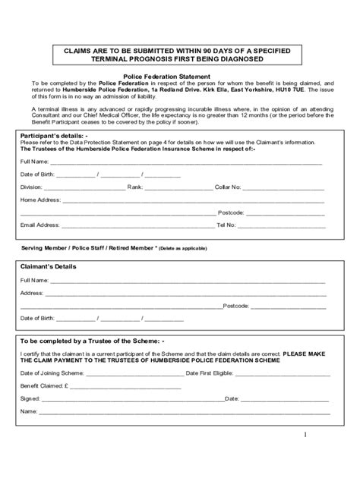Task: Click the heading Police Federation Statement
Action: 180,77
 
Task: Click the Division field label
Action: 31,187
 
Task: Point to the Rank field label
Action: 135,187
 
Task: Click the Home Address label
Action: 39,200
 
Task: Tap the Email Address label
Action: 39,225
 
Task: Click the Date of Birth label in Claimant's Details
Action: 36,318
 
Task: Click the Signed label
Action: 29,398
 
